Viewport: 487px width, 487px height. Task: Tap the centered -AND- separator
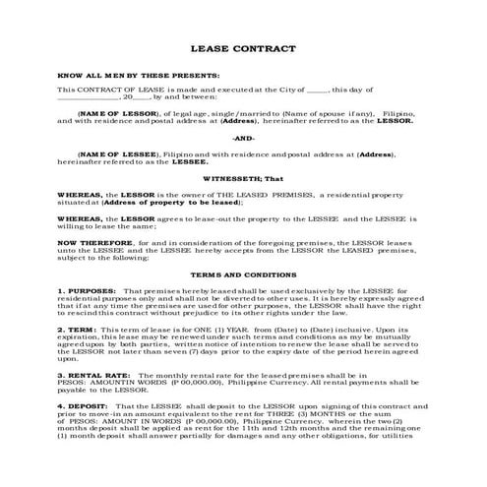coord(243,138)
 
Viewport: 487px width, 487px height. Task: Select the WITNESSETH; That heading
coord(243,181)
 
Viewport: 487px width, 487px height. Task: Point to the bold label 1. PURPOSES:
coord(87,292)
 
